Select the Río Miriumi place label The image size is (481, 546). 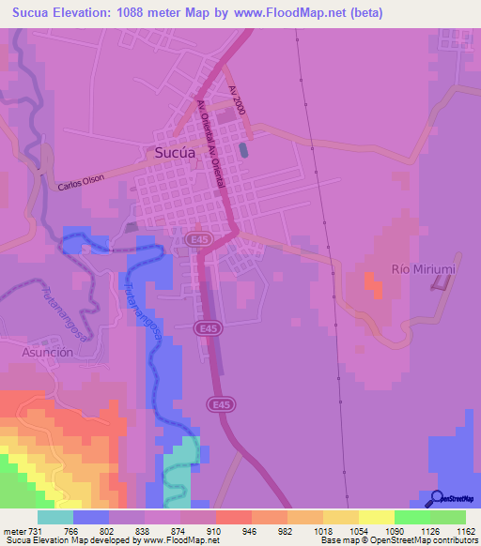423,269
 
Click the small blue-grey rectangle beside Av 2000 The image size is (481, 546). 244,149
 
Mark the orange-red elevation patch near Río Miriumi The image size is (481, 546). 373,282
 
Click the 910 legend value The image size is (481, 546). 215,531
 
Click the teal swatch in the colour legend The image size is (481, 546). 55,517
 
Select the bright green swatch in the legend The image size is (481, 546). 412,517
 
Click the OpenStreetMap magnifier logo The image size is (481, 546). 436,498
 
